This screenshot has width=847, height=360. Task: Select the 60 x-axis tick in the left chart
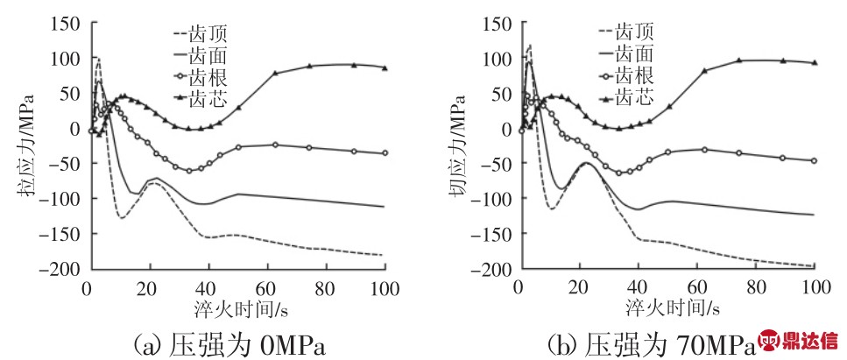pyautogui.click(x=265, y=288)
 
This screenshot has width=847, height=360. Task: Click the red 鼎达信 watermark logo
pyautogui.click(x=798, y=341)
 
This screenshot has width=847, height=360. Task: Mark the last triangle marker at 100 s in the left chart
pyautogui.click(x=385, y=67)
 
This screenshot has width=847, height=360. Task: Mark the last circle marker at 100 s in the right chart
pyautogui.click(x=815, y=160)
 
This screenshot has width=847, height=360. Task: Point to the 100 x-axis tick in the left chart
pyautogui.click(x=385, y=288)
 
